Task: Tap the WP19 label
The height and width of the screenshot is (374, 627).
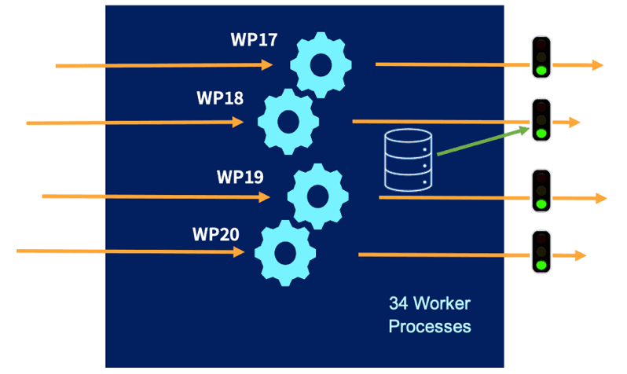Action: [240, 176]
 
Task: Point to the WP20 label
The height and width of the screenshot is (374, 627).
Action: [216, 234]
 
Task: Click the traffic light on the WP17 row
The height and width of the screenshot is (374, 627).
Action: [541, 57]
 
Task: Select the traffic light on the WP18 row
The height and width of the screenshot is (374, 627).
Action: [541, 120]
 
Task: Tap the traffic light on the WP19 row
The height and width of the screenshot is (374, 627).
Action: [541, 191]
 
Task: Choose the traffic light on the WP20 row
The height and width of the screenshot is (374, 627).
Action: [541, 252]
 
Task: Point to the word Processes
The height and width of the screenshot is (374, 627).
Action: [430, 325]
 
